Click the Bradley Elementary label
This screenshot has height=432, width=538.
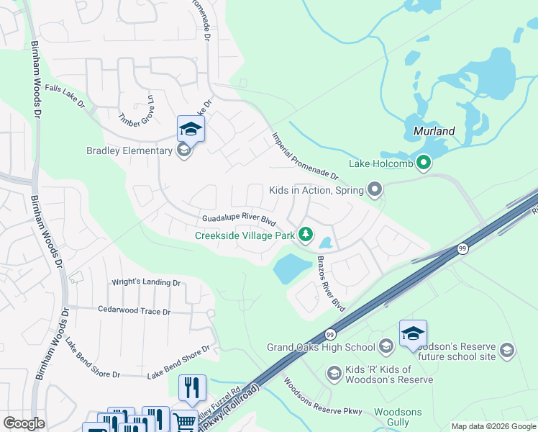click(x=129, y=150)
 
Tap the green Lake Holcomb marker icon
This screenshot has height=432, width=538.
click(x=424, y=163)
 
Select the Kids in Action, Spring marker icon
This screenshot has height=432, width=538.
click(x=374, y=190)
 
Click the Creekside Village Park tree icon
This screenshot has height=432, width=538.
click(x=306, y=235)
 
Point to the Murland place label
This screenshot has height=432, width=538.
click(x=434, y=131)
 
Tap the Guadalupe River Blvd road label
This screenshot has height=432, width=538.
click(x=240, y=219)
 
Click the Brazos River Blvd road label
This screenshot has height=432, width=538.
click(x=332, y=284)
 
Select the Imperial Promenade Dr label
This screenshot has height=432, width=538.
click(x=305, y=155)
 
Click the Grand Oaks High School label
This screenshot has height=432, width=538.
click(x=321, y=348)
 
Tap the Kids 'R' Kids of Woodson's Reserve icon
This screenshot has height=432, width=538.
click(x=334, y=373)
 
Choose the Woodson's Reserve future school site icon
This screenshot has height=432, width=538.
click(x=506, y=351)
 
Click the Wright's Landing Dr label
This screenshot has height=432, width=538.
click(x=146, y=283)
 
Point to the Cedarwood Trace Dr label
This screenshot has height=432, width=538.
click(x=134, y=311)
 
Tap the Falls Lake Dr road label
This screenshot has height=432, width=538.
click(x=65, y=96)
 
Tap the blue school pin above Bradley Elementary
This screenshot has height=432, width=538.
click(x=191, y=129)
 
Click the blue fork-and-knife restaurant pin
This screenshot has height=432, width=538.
click(x=192, y=387)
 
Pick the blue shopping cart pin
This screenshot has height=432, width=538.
click(x=184, y=422)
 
